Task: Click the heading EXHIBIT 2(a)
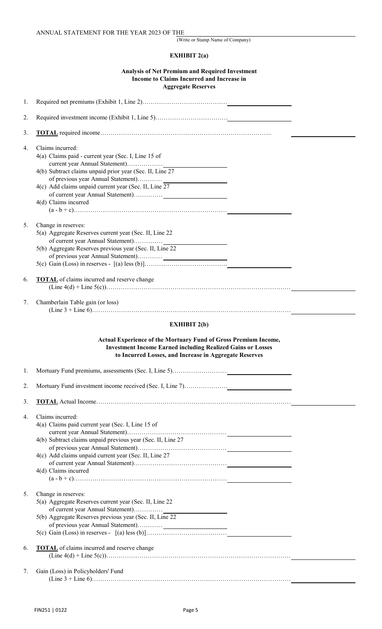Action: coord(189,55)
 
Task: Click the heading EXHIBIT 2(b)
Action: coord(189,324)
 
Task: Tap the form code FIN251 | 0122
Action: coord(50,610)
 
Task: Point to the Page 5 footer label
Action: coord(191,610)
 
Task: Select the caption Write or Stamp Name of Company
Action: coord(214,40)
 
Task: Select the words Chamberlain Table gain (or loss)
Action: coord(77,302)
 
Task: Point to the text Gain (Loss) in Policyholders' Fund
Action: coord(80,571)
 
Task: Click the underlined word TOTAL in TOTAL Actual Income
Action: coord(47,402)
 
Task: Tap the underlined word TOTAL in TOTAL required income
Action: coord(47,133)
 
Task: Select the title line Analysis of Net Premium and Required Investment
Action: coord(189,71)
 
